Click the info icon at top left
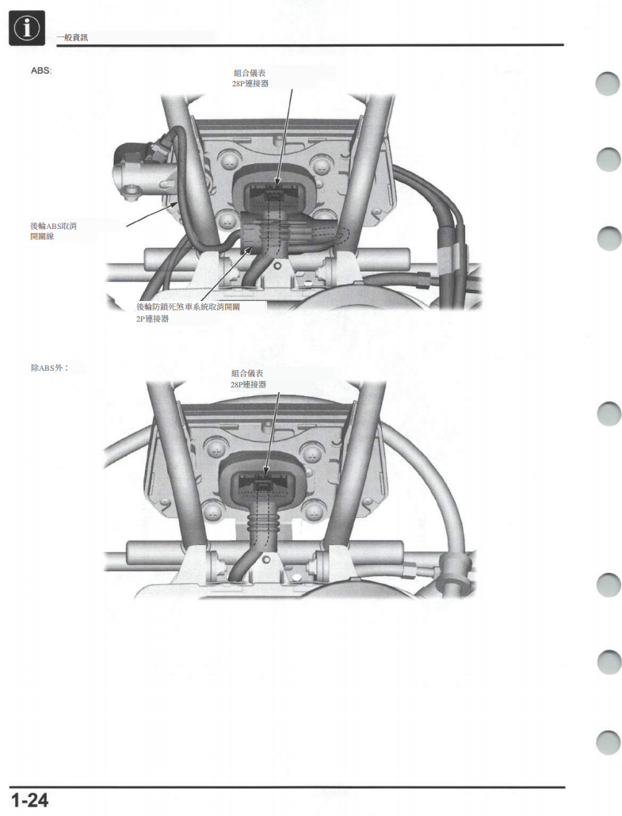pyautogui.click(x=27, y=28)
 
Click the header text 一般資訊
pyautogui.click(x=72, y=37)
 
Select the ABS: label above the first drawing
pyautogui.click(x=41, y=71)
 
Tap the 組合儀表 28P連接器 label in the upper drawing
pyautogui.click(x=250, y=78)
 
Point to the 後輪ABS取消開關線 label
pyautogui.click(x=54, y=231)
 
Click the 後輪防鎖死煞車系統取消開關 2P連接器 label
pyautogui.click(x=188, y=313)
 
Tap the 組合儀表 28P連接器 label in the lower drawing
pyautogui.click(x=248, y=379)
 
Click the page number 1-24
pyautogui.click(x=29, y=800)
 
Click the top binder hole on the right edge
pyautogui.click(x=608, y=83)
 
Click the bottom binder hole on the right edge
pyautogui.click(x=608, y=742)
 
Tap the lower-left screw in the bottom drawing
pyautogui.click(x=215, y=512)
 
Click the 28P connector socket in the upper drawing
pyautogui.click(x=274, y=196)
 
